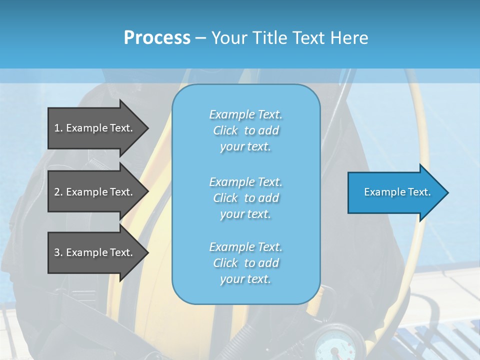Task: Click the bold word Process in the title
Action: (157, 38)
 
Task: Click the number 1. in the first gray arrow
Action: (58, 128)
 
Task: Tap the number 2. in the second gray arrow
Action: (58, 192)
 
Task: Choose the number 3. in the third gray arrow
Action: (58, 252)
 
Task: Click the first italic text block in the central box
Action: (245, 130)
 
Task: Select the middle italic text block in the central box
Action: (245, 198)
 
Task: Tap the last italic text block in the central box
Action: (245, 263)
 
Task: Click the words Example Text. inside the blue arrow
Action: (397, 192)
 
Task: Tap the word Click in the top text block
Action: (225, 130)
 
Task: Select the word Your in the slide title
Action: (229, 38)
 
